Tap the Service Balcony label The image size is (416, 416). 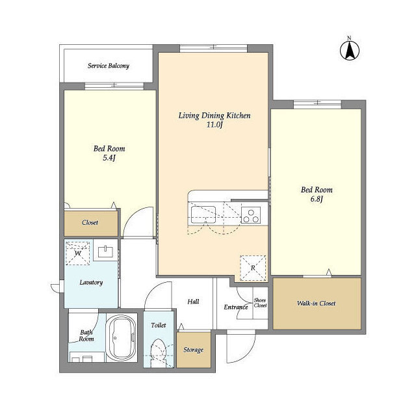109,66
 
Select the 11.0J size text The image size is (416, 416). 214,125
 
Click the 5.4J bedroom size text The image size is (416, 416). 109,158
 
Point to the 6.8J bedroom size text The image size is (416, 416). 317,199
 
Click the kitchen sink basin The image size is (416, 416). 203,214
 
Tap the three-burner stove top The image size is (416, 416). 251,215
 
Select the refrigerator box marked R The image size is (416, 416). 253,268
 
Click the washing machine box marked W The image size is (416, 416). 78,253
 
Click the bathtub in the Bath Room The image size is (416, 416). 122,338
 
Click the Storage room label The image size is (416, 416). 194,350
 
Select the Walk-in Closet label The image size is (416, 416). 317,304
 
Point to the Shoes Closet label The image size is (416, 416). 260,303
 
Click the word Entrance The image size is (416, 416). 236,307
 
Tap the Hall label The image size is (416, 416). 193,302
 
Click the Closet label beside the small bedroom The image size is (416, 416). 90,222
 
